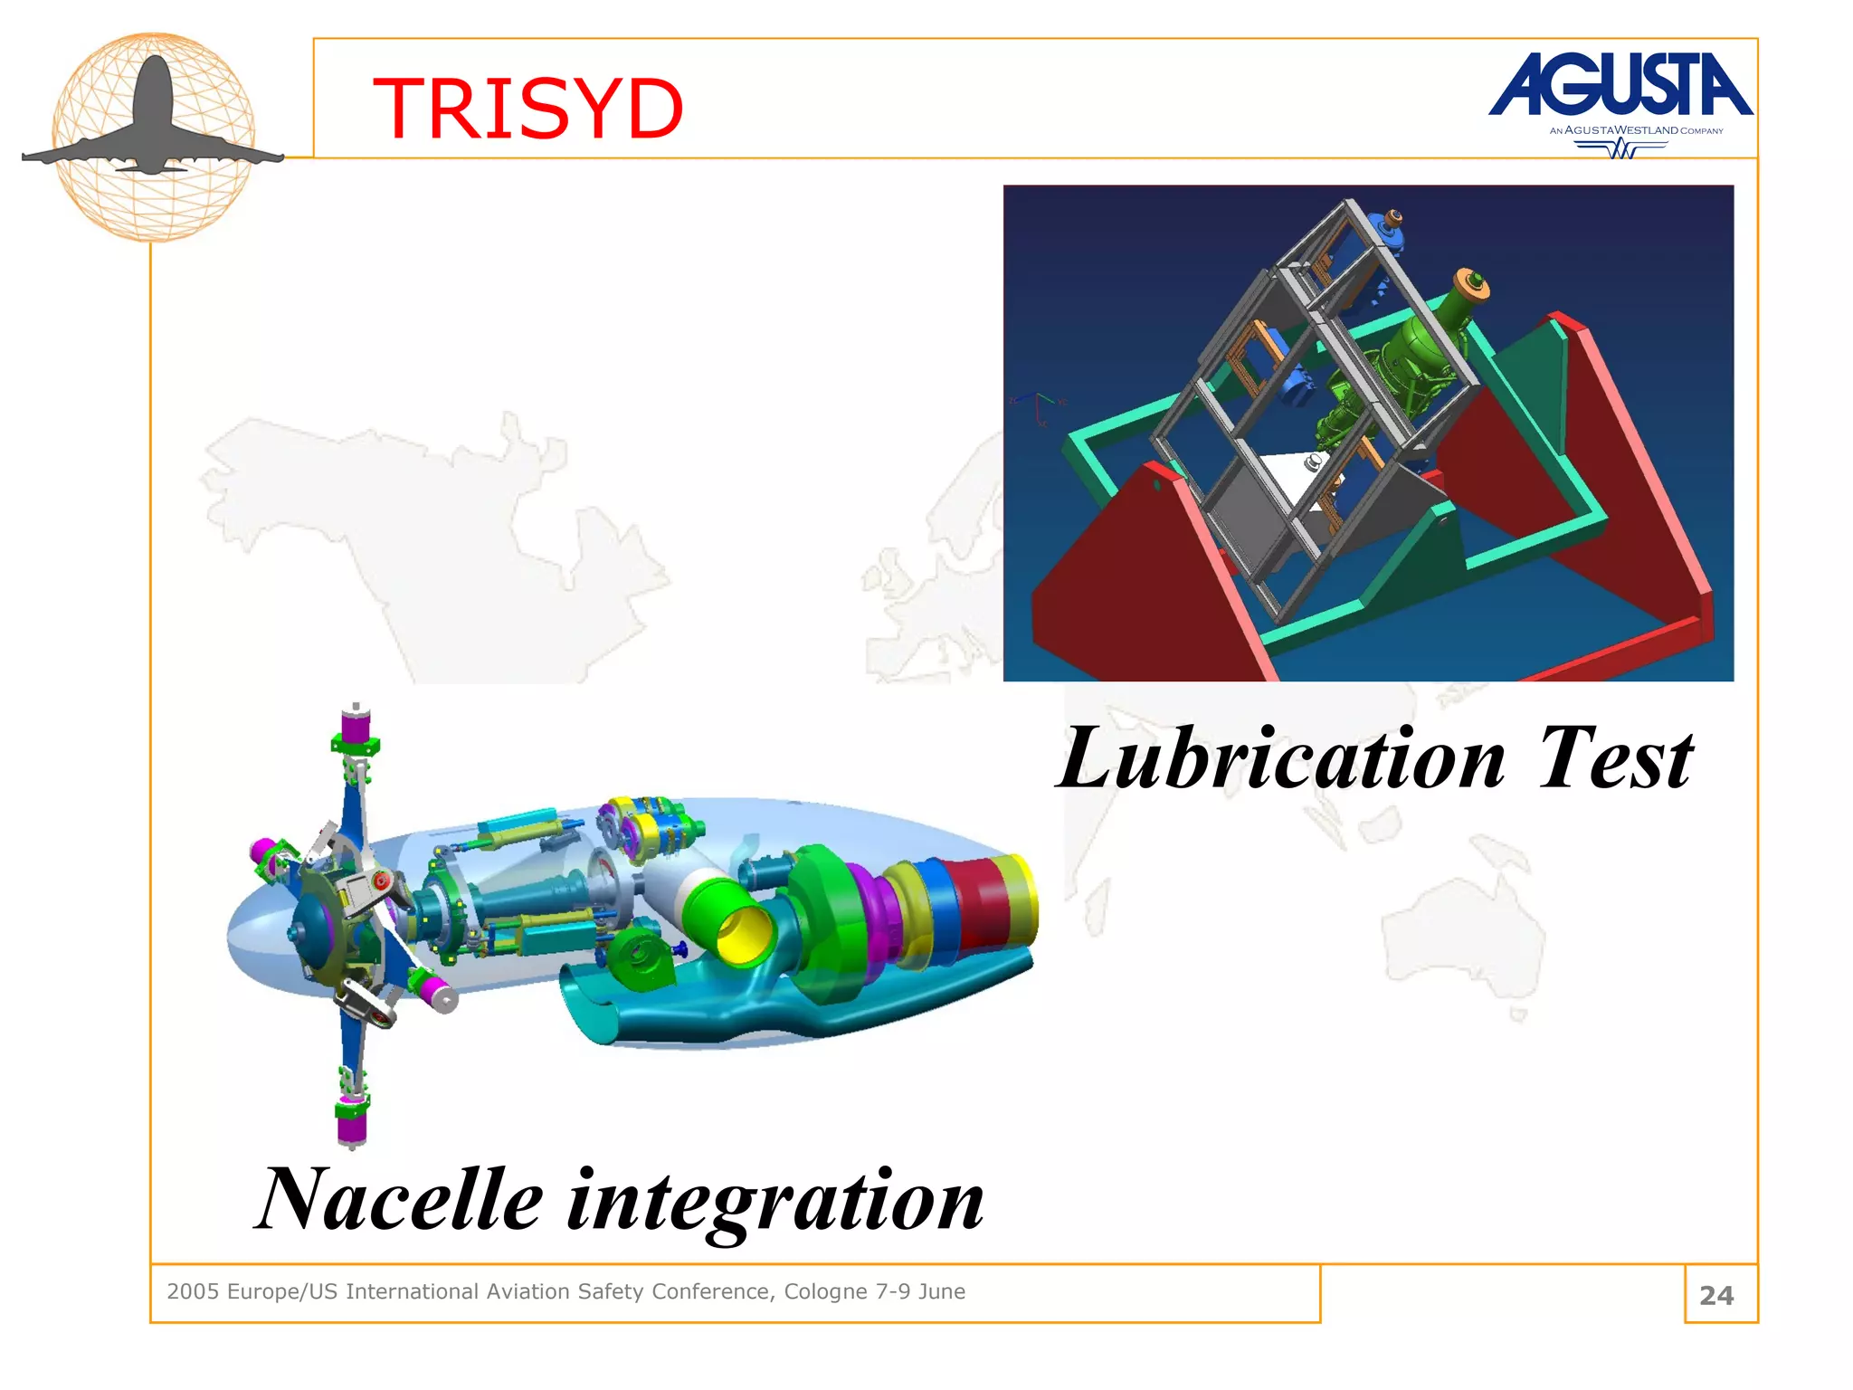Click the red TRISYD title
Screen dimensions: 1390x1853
pyautogui.click(x=527, y=109)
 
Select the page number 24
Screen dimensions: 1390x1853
pyautogui.click(x=1716, y=1295)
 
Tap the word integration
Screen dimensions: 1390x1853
pyautogui.click(x=775, y=1202)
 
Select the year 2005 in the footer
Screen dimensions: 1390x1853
pyautogui.click(x=193, y=1291)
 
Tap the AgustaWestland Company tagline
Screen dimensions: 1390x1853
pyautogui.click(x=1636, y=130)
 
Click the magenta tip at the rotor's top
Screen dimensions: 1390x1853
pyautogui.click(x=355, y=726)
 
